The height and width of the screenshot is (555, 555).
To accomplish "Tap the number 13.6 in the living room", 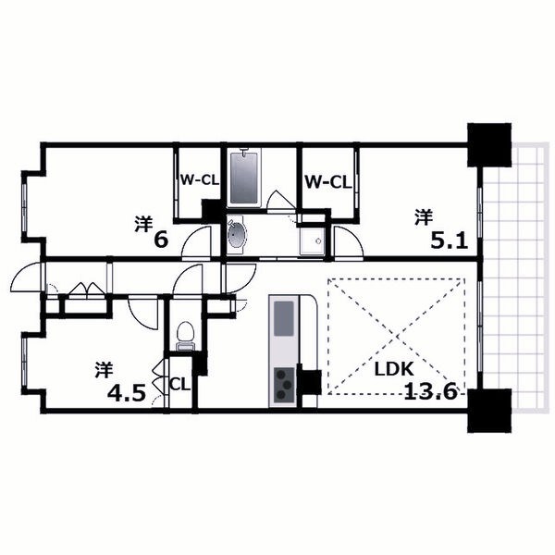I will pos(431,390).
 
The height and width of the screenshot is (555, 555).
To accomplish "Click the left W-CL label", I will pos(199,181).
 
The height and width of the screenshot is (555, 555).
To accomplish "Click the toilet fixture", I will pos(184,334).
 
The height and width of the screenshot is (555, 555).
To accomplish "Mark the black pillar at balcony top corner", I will pos(488,145).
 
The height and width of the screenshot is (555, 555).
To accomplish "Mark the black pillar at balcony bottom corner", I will pos(490,412).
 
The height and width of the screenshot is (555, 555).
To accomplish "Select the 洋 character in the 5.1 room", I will pos(423,218).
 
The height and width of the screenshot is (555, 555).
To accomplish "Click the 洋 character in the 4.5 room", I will pos(103,370).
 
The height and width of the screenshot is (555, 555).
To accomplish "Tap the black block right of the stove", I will pos(311,381).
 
